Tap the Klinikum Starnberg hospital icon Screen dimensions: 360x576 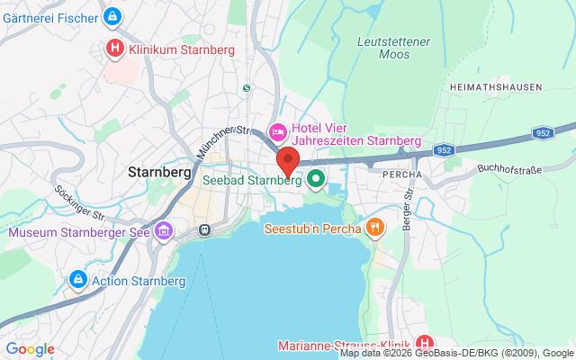(115, 49)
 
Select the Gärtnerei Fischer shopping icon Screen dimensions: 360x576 (112, 16)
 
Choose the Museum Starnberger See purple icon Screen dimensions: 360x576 (163, 232)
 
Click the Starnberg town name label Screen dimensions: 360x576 (161, 171)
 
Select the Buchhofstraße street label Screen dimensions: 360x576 (510, 167)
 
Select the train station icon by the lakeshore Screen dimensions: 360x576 (205, 229)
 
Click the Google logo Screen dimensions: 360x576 (30, 349)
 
